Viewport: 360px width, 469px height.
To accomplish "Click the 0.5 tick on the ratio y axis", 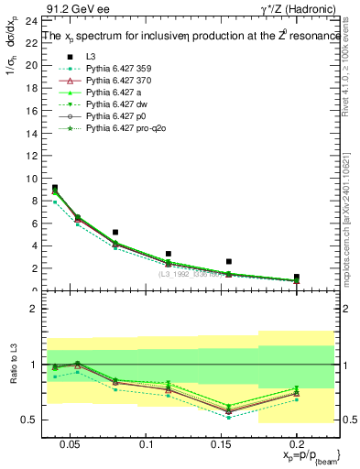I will tap(26, 420).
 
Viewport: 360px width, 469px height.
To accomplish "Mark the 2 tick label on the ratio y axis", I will tap(29, 309).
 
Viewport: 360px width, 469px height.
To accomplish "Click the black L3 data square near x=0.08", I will tap(115, 233).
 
